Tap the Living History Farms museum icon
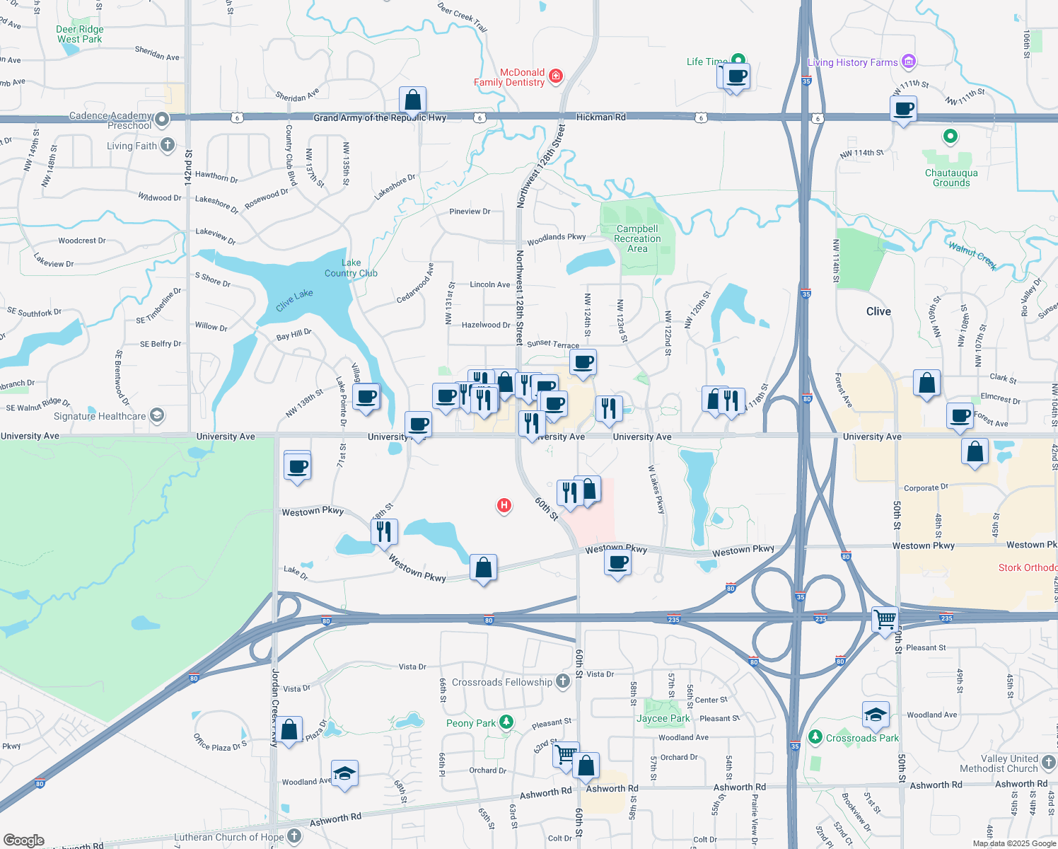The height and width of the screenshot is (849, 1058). [909, 62]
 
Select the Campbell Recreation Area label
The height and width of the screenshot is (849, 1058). [637, 238]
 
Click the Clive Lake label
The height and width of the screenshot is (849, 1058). [294, 300]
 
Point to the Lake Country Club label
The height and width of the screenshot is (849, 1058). [351, 268]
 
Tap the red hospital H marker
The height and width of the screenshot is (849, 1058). [504, 505]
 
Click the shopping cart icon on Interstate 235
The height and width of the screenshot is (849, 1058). [885, 620]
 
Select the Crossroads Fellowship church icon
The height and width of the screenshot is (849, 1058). [562, 681]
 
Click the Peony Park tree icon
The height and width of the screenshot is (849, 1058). [506, 722]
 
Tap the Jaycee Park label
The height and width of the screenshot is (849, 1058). [663, 718]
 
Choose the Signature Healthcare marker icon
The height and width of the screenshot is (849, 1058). [157, 415]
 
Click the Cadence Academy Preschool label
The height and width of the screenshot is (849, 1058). [111, 120]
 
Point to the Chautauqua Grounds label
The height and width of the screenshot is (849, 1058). [951, 178]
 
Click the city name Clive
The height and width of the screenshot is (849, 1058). [878, 311]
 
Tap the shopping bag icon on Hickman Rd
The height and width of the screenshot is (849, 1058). [412, 100]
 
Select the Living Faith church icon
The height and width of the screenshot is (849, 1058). [168, 145]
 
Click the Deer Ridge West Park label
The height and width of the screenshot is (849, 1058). [79, 34]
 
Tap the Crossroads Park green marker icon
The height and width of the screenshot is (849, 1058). [815, 737]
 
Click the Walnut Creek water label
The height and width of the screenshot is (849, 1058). [972, 256]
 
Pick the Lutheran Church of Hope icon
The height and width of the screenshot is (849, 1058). [294, 836]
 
